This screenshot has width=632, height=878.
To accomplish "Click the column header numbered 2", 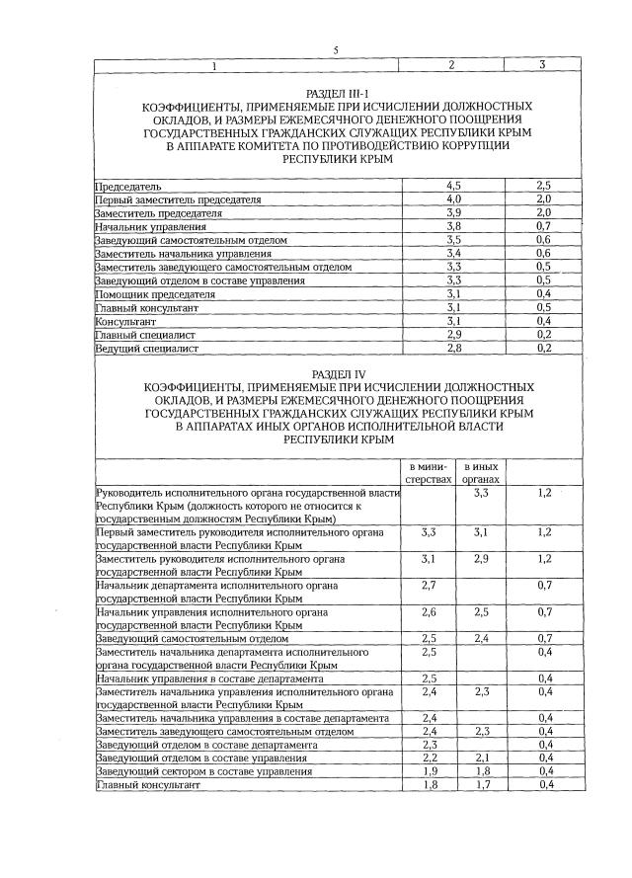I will pos(450,65).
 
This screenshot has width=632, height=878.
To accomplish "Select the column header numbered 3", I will pos(542,65).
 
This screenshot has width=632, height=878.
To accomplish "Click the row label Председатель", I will pos(127,186).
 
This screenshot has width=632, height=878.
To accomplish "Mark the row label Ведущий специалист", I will pos(146,349).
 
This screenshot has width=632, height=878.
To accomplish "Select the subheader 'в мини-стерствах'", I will pos(429,472).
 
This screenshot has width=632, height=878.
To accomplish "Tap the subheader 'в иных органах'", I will pos(481,472).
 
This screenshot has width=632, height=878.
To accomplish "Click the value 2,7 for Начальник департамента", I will pos(429,586).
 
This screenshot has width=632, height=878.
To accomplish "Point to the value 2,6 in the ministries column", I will pos(429,612).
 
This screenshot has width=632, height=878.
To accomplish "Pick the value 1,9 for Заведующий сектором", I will pos(429,771).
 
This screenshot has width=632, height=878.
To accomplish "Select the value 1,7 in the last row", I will pos(481,785).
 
